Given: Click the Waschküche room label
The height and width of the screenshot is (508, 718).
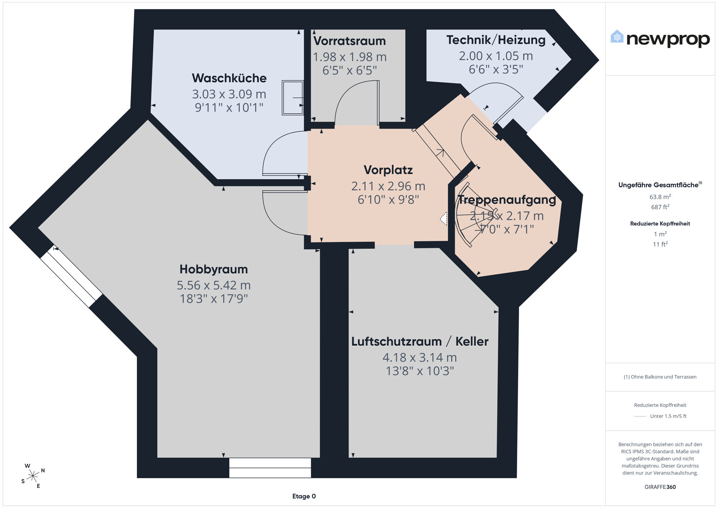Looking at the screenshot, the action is tap(229, 78).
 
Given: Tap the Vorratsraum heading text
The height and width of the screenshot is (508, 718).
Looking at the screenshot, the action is tap(349, 41).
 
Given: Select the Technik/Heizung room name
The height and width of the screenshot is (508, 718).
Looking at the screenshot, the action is tap(496, 40).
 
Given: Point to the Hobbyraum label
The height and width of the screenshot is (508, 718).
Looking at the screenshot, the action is tap(214, 269).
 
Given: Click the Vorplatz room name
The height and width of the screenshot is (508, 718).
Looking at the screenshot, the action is tap(388, 170).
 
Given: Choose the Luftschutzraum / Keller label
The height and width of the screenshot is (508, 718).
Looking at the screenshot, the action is tap(420, 342).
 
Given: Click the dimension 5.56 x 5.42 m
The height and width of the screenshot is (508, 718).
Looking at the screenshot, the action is tap(214, 285).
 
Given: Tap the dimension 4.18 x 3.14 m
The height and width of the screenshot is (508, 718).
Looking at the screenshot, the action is tap(420, 358).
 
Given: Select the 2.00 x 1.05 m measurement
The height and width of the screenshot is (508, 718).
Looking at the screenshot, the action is tap(496, 56).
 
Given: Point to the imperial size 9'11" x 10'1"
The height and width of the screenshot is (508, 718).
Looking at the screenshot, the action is tap(229, 108).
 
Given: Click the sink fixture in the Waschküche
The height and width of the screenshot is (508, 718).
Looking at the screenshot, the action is tap(292, 97).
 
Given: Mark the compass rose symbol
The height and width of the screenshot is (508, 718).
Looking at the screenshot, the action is tap(33, 476).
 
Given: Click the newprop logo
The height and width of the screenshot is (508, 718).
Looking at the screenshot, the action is tap(660, 39).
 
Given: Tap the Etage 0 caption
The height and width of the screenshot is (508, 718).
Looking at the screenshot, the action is tap(304, 496).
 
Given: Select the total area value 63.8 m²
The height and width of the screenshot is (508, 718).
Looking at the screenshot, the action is tap(660, 197).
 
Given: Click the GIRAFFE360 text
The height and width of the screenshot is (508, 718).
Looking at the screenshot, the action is tap(660, 487).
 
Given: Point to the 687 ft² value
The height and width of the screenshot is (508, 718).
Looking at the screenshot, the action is tap(660, 207).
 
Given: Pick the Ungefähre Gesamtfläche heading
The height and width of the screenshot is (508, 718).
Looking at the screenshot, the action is tap(660, 185).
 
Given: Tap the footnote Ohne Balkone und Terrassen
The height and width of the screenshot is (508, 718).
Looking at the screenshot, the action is tap(660, 377).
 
